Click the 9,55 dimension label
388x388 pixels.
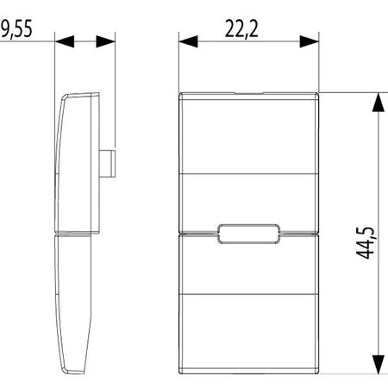[16, 29]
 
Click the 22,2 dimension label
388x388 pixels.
[241, 29]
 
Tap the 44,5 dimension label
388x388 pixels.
[365, 243]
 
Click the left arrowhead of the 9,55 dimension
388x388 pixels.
[65, 41]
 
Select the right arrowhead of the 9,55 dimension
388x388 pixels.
[105, 41]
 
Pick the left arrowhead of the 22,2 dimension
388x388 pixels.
[188, 41]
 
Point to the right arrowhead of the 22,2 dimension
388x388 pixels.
[310, 41]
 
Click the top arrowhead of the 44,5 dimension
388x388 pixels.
[379, 103]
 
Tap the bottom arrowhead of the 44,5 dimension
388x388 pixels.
[379, 364]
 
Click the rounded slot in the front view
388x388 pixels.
[249, 234]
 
